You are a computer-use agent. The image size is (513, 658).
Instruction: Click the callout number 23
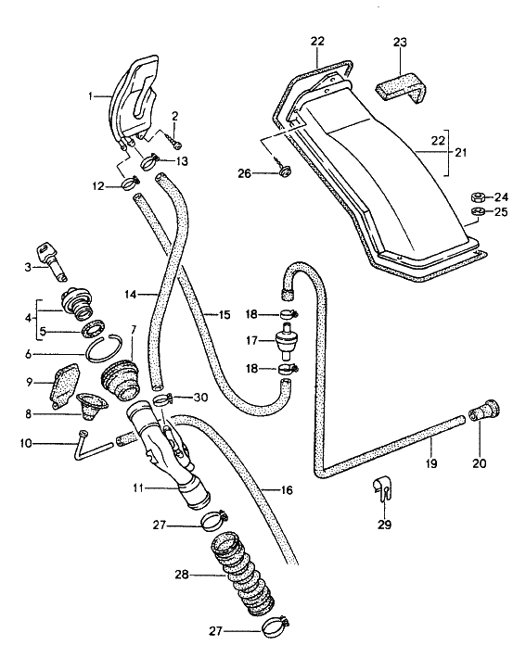(x=400, y=43)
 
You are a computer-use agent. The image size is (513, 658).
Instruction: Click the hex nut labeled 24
(x=479, y=196)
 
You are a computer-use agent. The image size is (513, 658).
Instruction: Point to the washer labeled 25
(x=478, y=210)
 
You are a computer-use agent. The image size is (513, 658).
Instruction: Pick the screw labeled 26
(x=283, y=170)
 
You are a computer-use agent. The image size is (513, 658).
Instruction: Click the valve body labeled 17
(x=285, y=341)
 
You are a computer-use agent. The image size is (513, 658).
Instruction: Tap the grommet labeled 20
(x=484, y=410)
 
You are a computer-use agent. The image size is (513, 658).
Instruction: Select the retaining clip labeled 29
(x=383, y=489)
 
